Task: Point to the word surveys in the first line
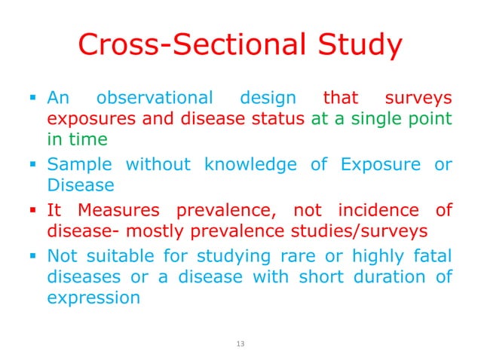click(x=419, y=98)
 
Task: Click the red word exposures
click(x=86, y=119)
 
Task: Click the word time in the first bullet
click(x=86, y=139)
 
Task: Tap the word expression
click(x=93, y=297)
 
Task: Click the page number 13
click(x=240, y=343)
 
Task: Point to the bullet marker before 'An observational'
click(x=33, y=98)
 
